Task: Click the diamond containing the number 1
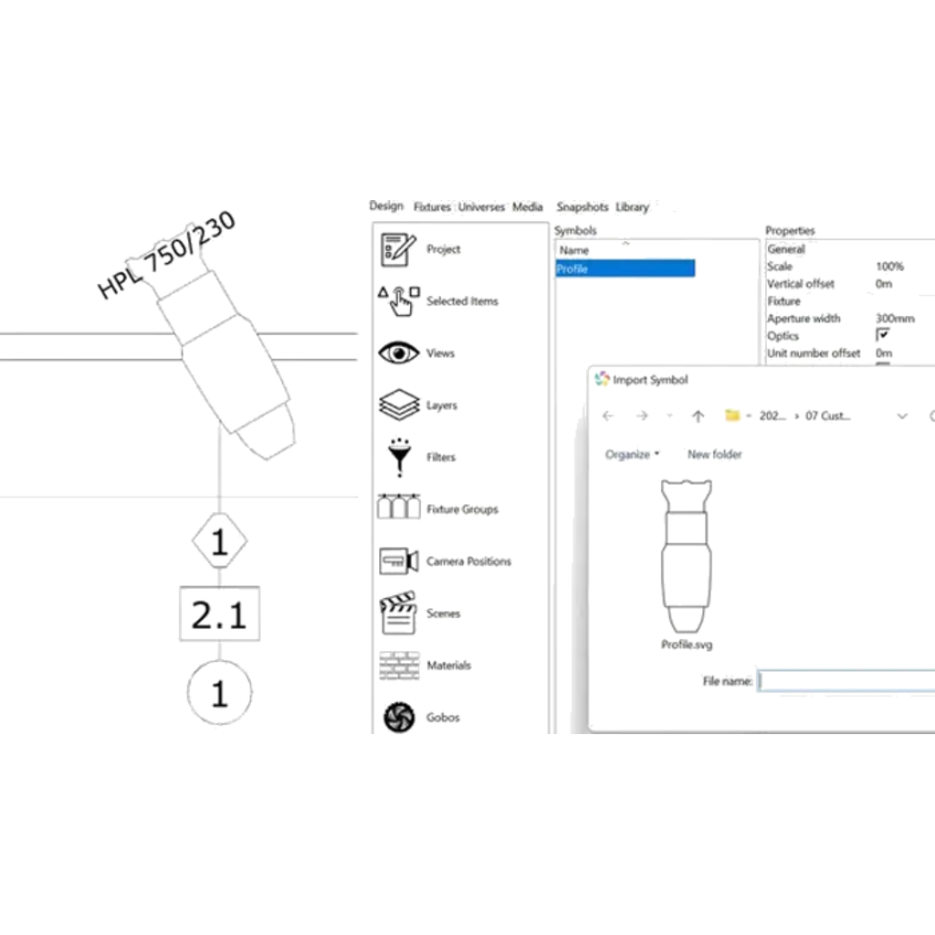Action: pos(219,543)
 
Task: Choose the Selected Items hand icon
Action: pos(397,300)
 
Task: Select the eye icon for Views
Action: pos(398,353)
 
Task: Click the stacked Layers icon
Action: pos(397,404)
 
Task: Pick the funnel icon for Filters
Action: pos(398,457)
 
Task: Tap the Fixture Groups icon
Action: pos(397,509)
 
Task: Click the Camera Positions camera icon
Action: pos(397,561)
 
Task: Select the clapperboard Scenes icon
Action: pos(397,614)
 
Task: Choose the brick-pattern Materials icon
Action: pos(397,666)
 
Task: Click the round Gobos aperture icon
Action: pos(398,718)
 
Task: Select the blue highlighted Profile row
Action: pos(625,268)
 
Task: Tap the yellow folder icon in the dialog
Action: pos(732,415)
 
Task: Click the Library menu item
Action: pos(632,207)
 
